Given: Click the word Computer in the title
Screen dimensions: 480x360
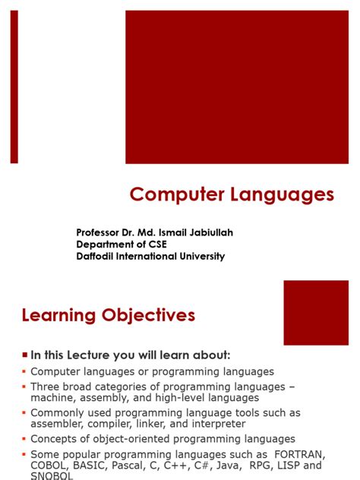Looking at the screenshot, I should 173,195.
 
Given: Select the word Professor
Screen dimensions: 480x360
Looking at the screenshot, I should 101,232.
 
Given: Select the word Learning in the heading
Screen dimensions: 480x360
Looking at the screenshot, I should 59,315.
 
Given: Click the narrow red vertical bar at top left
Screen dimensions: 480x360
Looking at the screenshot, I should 14,87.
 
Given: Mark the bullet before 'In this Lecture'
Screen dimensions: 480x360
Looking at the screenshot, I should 25,355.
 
